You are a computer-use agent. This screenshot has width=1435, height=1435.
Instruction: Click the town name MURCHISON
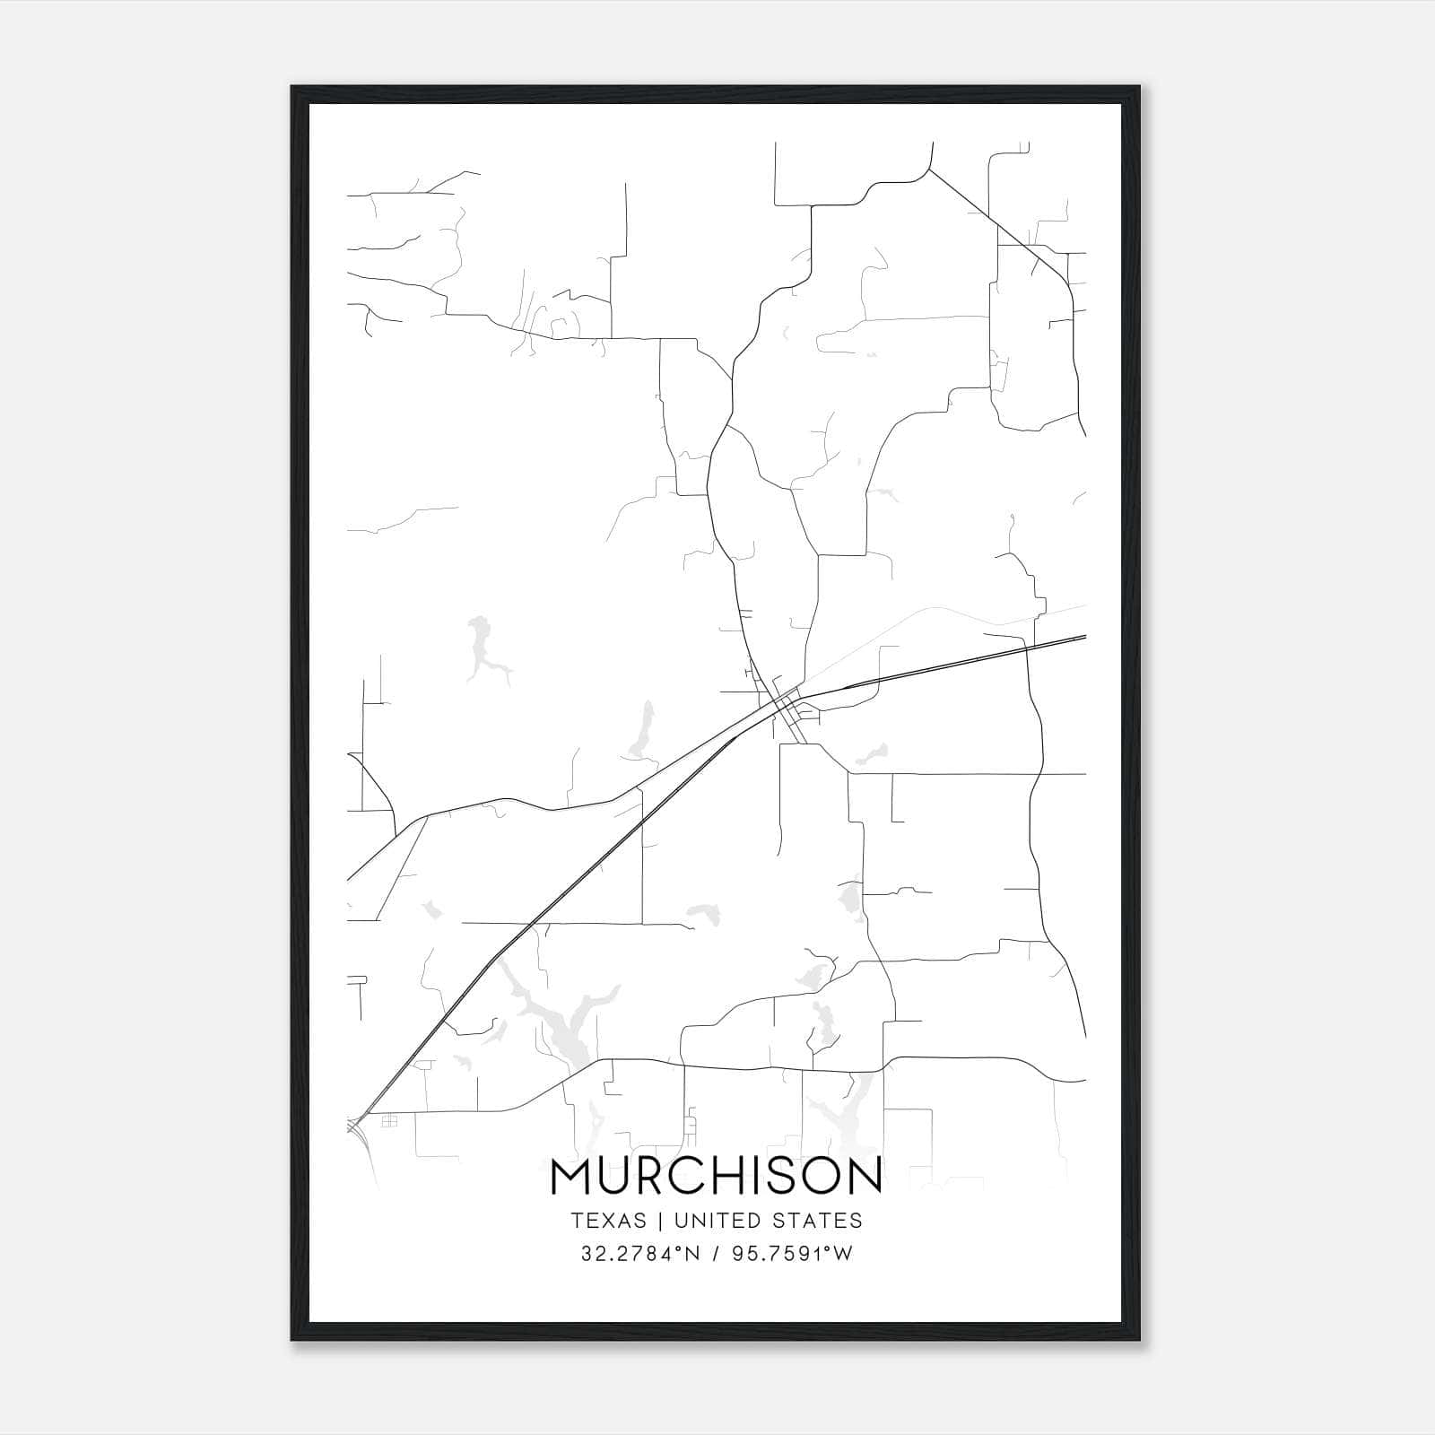[x=717, y=1177]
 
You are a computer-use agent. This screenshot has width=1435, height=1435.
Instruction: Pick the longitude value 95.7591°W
[x=794, y=1254]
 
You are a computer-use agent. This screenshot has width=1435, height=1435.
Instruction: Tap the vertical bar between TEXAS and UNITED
[x=660, y=1221]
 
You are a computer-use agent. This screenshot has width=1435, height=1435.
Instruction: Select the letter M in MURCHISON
[x=570, y=1177]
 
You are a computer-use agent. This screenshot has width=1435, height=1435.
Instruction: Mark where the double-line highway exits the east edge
[x=1084, y=638]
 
